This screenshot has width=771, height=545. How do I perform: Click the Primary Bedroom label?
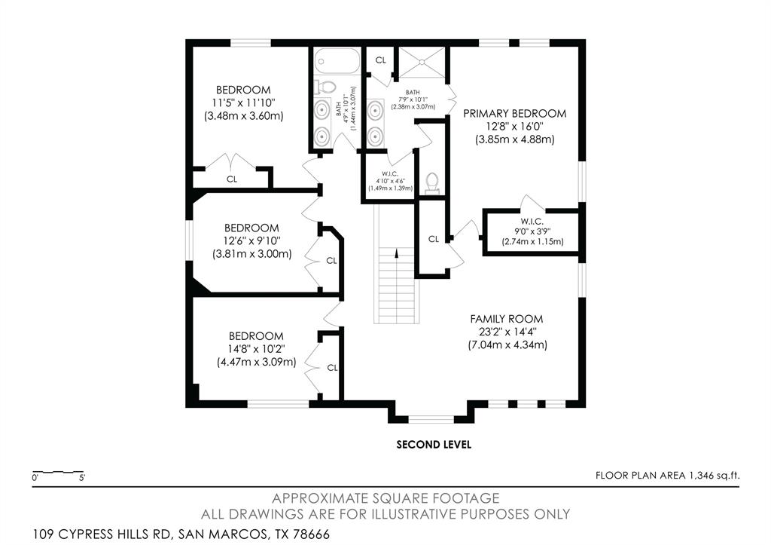tap(515, 113)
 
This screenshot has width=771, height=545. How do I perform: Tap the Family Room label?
tap(507, 319)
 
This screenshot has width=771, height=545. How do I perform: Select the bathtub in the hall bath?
tap(337, 61)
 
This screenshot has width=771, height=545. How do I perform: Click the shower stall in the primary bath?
tap(422, 62)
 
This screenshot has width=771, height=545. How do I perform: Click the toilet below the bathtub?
tap(325, 87)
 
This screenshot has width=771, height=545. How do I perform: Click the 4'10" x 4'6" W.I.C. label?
tap(391, 181)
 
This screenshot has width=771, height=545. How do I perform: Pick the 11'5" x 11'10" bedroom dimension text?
tap(243, 103)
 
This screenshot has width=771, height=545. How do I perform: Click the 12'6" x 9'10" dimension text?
tap(251, 240)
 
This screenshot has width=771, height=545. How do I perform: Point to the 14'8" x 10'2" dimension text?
tap(256, 349)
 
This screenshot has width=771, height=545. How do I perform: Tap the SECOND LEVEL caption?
tap(434, 445)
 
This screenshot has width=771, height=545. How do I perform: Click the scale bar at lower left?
tap(57, 473)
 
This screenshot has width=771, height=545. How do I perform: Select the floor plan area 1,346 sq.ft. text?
tap(667, 475)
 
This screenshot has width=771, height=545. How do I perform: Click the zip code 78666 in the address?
tap(311, 534)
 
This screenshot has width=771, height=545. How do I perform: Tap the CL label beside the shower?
tap(380, 60)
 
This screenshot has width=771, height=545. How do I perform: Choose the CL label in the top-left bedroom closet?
tap(232, 179)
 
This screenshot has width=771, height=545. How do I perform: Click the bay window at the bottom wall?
tap(431, 419)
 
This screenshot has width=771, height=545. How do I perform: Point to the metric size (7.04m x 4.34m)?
tap(507, 344)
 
